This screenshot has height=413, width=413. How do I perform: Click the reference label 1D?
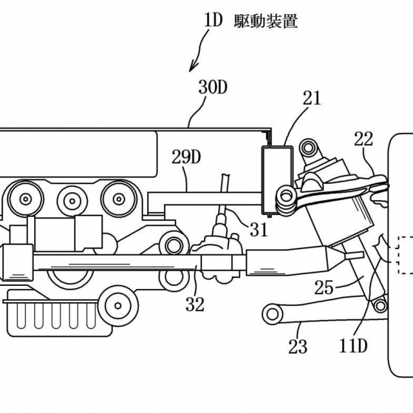pyautogui.click(x=214, y=21)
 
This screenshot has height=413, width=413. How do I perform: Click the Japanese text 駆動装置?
pyautogui.click(x=266, y=21)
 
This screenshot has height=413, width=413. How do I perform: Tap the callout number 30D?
pyautogui.click(x=213, y=87)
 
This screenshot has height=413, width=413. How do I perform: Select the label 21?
pyautogui.click(x=312, y=98)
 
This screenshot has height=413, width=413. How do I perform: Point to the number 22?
pyautogui.click(x=363, y=139)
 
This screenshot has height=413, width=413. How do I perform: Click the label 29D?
pyautogui.click(x=186, y=157)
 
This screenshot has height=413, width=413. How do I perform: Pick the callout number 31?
pyautogui.click(x=259, y=230)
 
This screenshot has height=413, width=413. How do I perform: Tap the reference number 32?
pyautogui.click(x=195, y=304)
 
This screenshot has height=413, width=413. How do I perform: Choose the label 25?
pyautogui.click(x=324, y=287)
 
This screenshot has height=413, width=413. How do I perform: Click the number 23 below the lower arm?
pyautogui.click(x=298, y=347)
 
